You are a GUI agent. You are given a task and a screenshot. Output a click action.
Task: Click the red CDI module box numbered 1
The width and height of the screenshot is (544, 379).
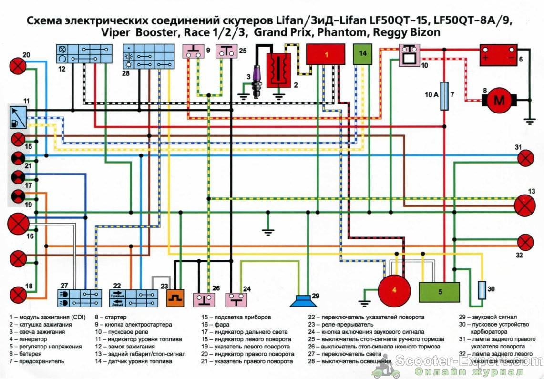326,54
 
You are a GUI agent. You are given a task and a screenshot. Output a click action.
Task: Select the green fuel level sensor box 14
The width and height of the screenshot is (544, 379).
363,54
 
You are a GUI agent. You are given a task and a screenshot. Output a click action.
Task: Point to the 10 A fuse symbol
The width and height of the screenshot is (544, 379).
444,96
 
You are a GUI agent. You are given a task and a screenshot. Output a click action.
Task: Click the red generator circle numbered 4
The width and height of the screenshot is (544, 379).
394,291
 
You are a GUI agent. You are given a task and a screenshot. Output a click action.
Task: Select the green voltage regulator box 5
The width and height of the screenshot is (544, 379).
439,292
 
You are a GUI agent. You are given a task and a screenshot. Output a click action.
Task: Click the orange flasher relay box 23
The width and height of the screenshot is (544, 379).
174,298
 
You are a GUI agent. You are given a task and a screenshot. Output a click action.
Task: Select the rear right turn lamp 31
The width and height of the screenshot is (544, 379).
525,158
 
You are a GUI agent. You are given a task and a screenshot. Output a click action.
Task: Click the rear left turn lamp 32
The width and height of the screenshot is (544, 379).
525,242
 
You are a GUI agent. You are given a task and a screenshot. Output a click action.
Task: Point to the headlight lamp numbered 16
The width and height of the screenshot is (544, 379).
19,224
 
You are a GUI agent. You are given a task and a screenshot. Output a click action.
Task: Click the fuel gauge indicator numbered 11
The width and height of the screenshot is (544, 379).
18,117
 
